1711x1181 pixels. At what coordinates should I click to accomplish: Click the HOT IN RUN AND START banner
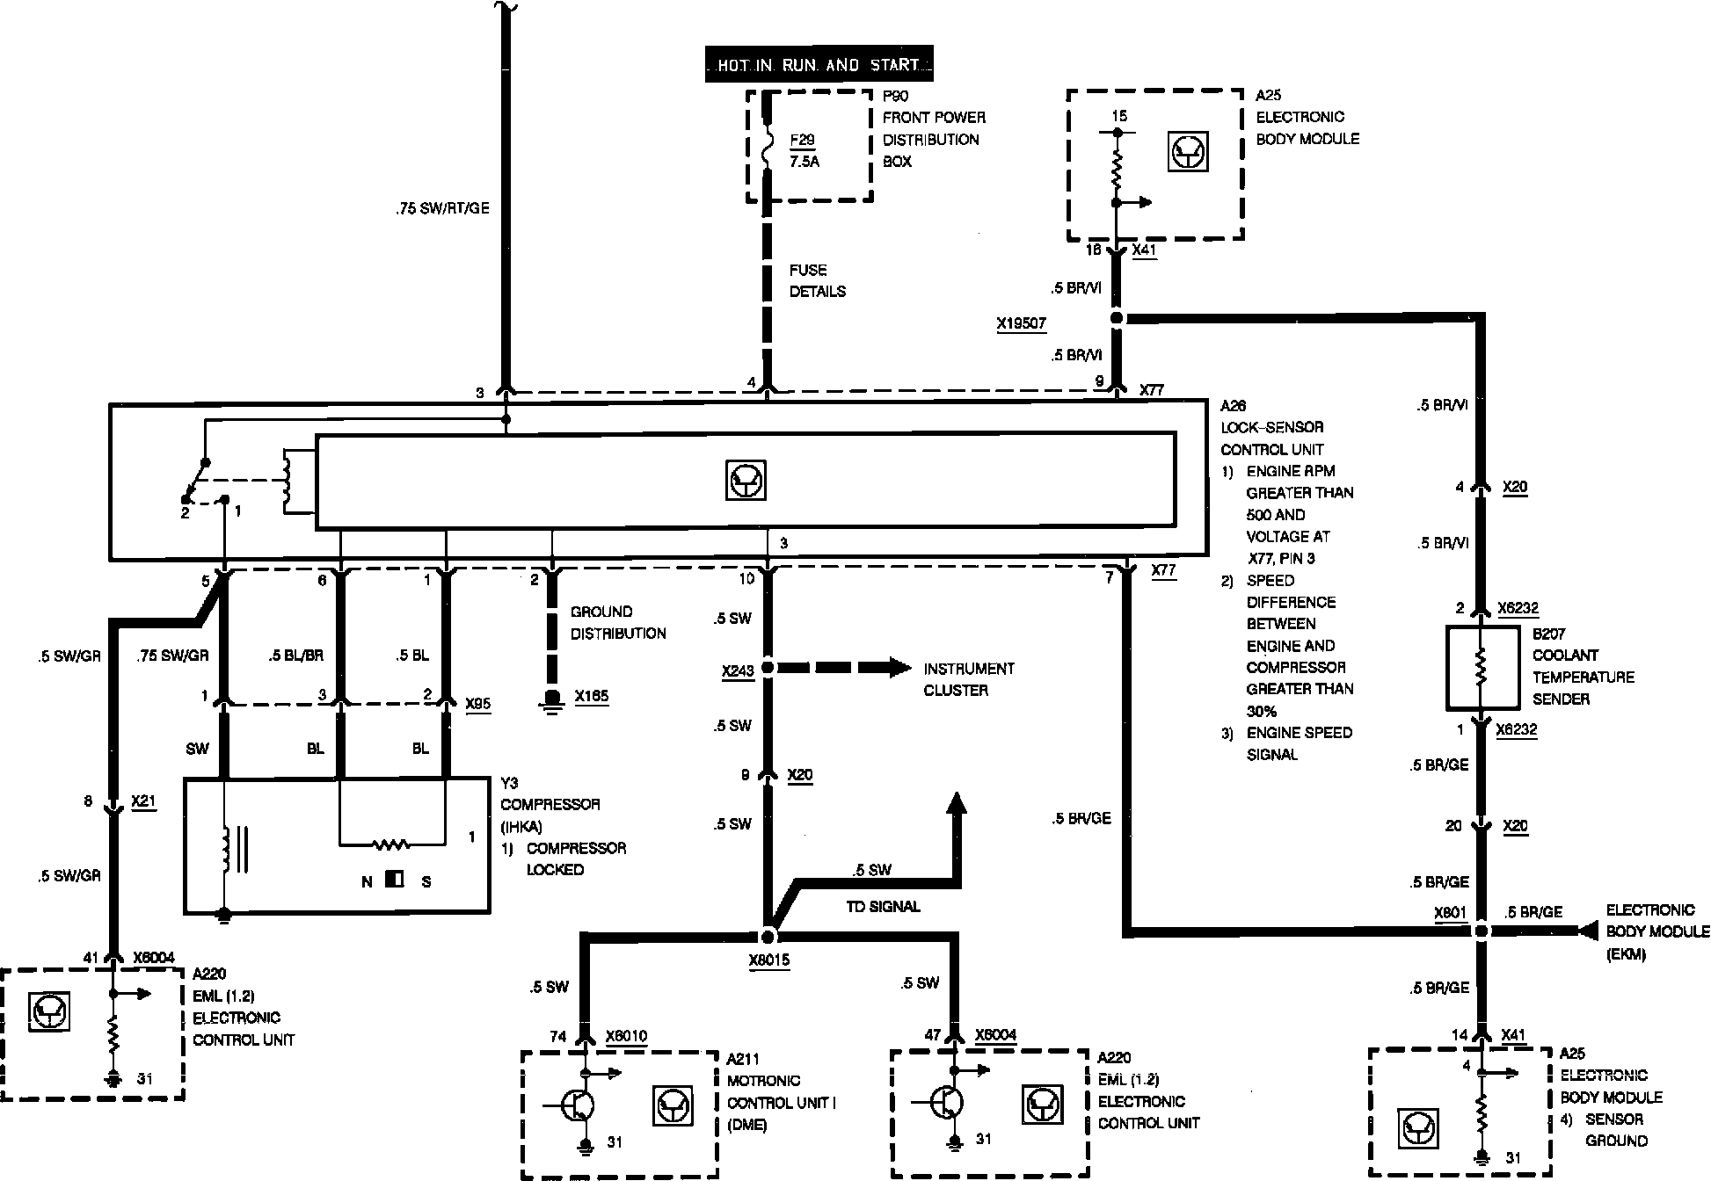click(x=819, y=64)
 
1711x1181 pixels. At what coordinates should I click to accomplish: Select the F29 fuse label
click(x=802, y=141)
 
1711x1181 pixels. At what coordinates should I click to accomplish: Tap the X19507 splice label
click(x=1021, y=323)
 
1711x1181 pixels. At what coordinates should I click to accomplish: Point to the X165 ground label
click(x=591, y=697)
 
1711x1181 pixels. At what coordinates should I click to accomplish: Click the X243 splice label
click(x=738, y=671)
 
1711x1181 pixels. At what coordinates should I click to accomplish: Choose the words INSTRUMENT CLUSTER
click(x=968, y=679)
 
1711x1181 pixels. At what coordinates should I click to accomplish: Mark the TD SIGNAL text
click(x=883, y=906)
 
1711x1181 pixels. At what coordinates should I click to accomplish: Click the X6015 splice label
click(x=768, y=960)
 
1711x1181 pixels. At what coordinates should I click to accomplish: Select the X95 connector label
click(x=477, y=704)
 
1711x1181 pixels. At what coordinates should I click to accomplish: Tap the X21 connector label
click(x=143, y=801)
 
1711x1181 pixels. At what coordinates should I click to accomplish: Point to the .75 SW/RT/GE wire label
click(x=442, y=209)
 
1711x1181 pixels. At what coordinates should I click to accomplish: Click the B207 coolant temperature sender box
click(x=1482, y=668)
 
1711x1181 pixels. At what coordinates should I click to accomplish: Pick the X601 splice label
click(x=1450, y=913)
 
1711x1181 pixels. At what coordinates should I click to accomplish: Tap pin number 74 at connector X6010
click(x=557, y=1036)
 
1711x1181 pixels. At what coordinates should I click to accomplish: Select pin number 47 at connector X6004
click(x=933, y=1035)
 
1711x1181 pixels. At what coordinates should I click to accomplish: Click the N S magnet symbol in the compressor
click(x=395, y=880)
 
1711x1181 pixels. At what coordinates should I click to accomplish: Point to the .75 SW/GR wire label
click(x=172, y=656)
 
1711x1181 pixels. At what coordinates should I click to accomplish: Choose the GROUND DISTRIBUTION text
click(x=618, y=622)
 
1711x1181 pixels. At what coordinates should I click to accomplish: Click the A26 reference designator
click(x=1233, y=405)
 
